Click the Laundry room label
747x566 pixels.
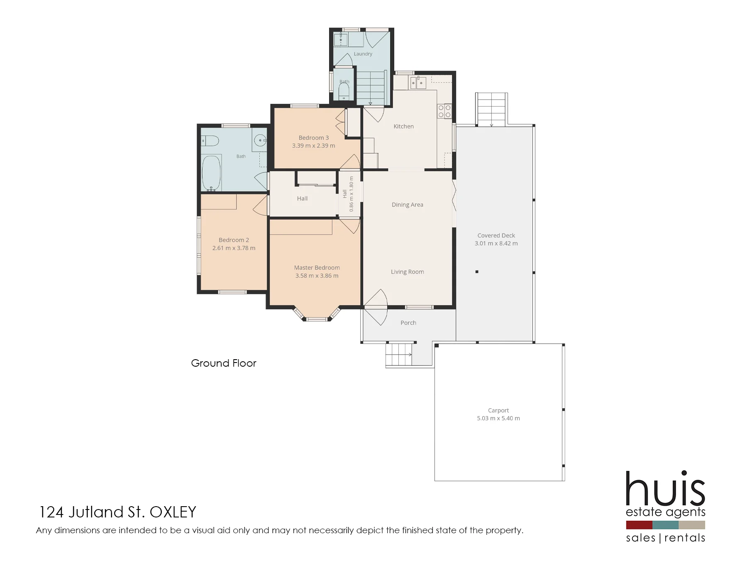coord(363,54)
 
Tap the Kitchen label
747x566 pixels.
coord(404,126)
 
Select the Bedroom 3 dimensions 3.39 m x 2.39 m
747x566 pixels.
coord(314,146)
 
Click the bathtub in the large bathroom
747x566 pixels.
coord(212,173)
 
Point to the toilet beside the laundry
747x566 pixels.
coord(344,91)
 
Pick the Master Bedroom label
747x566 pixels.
coord(317,268)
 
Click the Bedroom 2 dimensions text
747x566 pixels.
coord(234,248)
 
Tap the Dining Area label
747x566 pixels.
coord(408,205)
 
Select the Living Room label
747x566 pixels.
coord(408,272)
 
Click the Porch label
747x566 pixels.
coord(408,323)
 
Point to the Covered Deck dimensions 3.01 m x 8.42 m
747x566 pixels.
coord(496,243)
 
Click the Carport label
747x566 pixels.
coord(498,410)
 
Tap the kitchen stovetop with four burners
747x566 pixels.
coord(444,111)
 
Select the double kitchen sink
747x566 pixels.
coord(417,83)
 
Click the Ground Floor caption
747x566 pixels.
coord(224,363)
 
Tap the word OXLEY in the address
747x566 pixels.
coord(173,512)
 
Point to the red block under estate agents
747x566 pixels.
coord(639,525)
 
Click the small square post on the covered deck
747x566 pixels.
coord(477,272)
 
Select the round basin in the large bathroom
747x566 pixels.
coord(260,140)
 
